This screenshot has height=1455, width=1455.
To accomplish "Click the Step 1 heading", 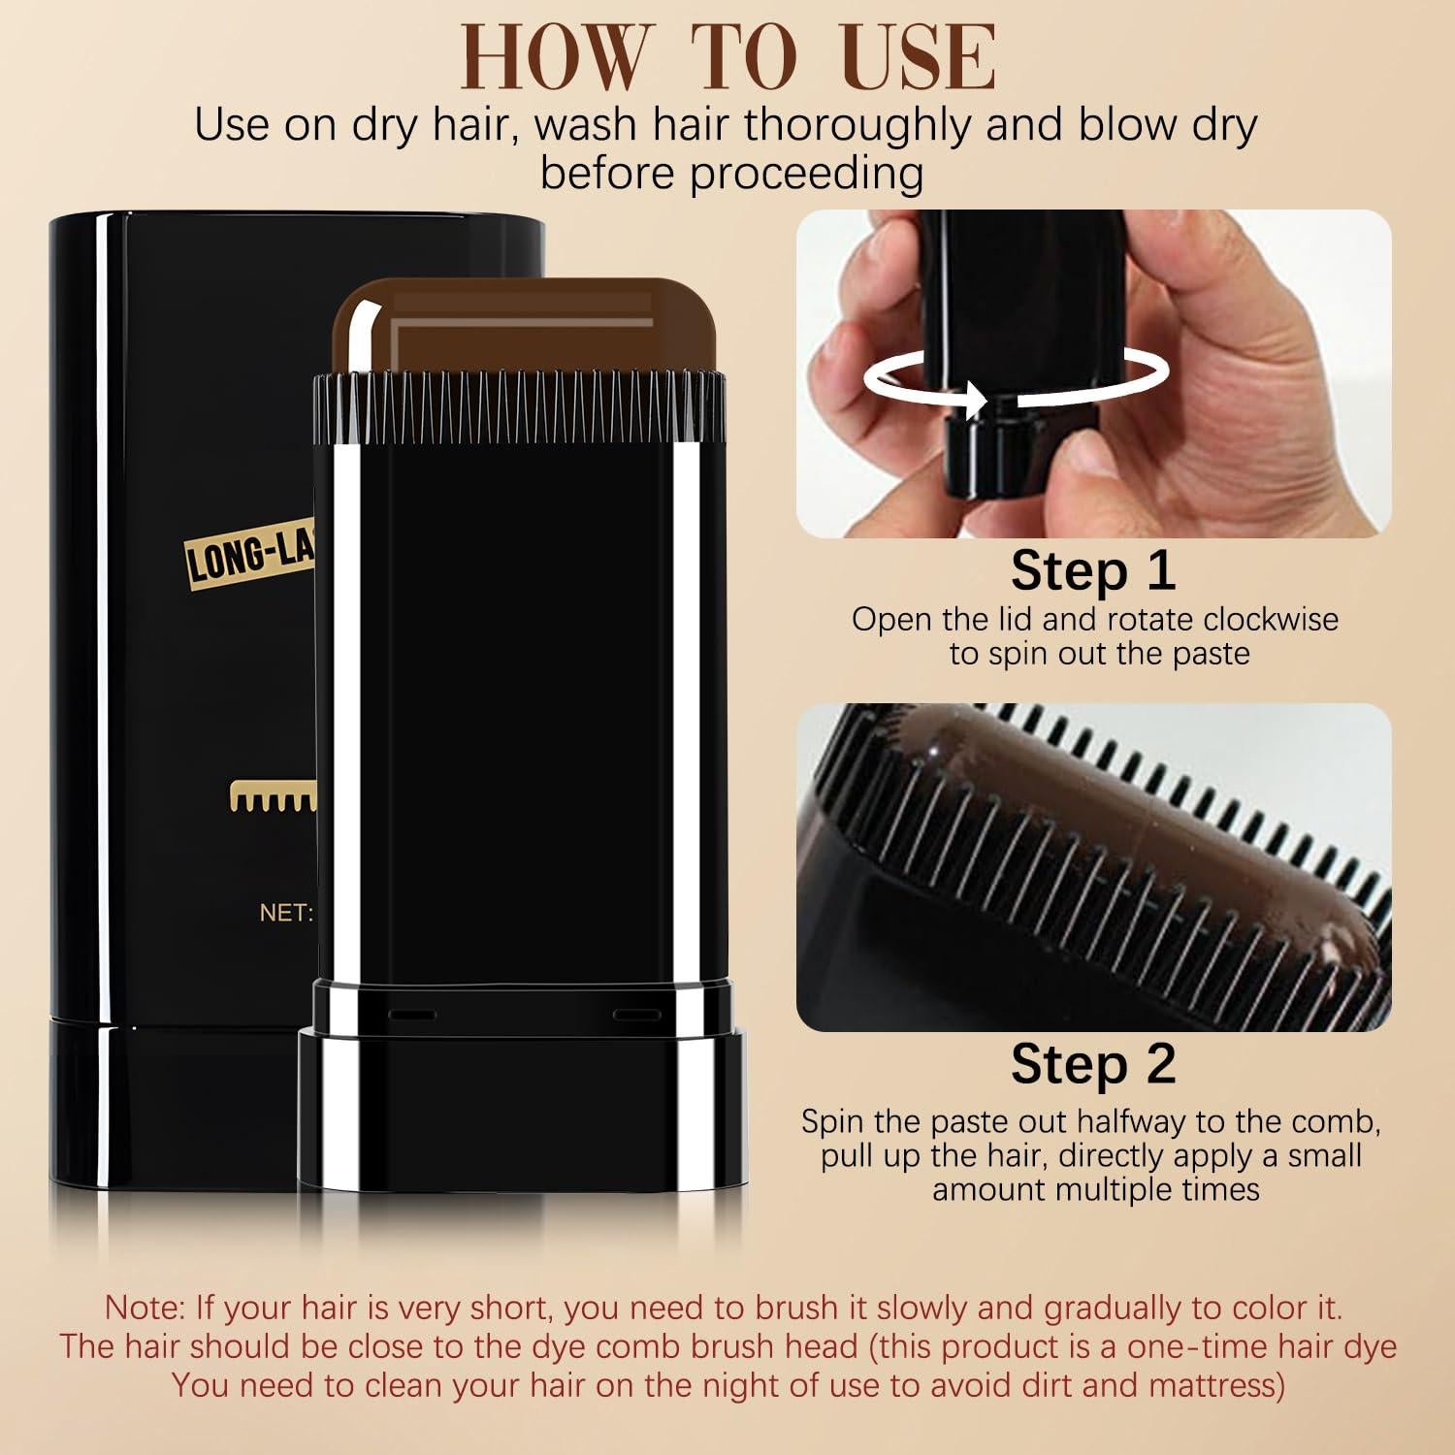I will (x=1093, y=570).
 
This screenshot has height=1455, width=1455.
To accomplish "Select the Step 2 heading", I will (x=1093, y=1064).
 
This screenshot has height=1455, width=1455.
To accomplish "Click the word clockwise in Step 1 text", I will (x=1271, y=620).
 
